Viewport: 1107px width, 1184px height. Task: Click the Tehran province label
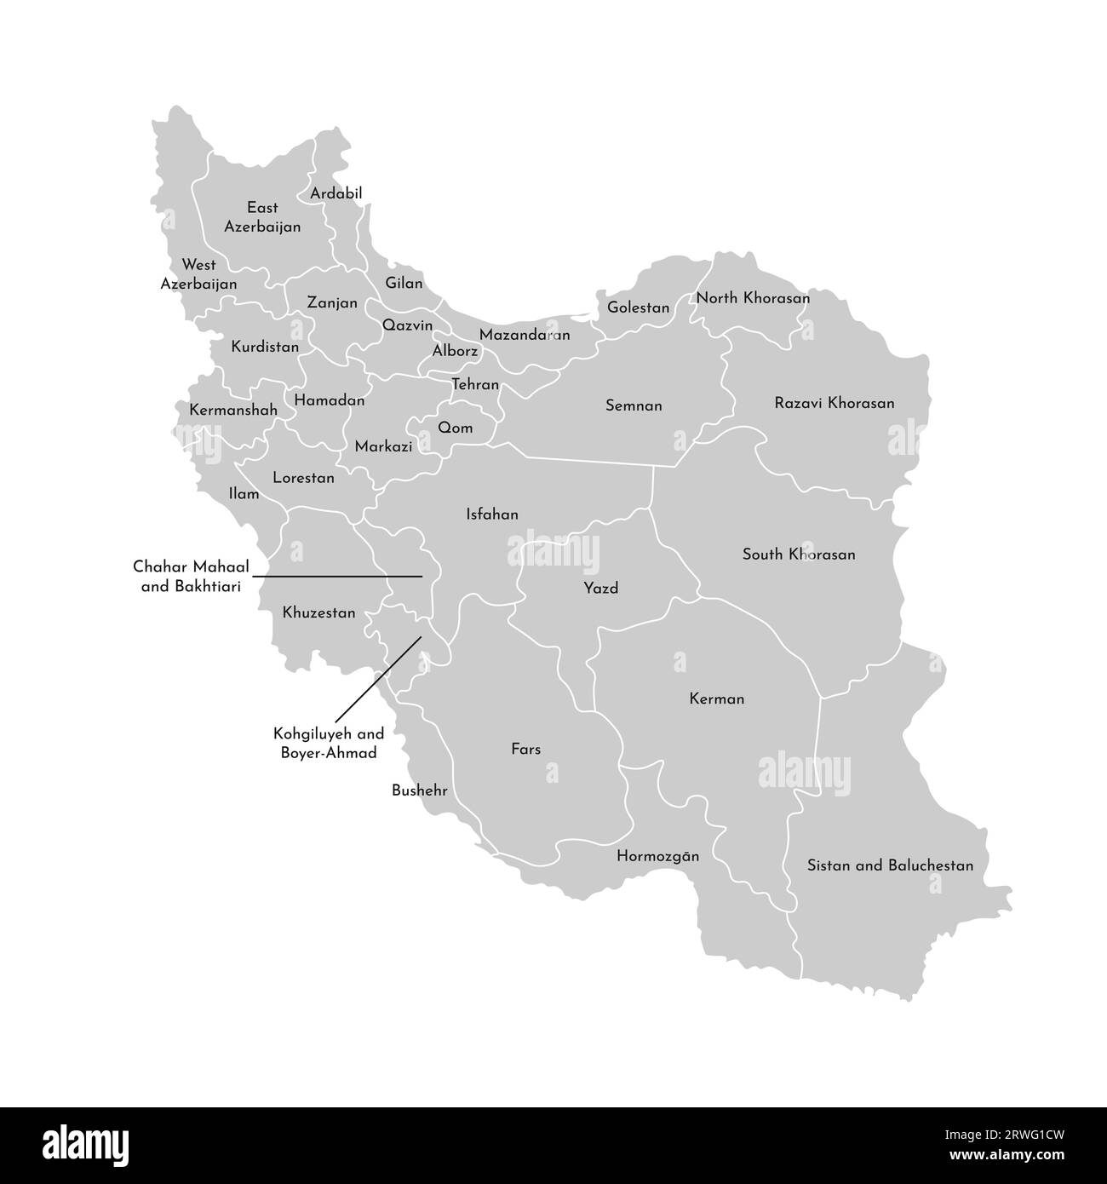pos(475,385)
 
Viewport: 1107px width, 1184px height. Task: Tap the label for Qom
pos(455,428)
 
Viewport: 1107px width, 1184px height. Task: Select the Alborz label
pos(455,351)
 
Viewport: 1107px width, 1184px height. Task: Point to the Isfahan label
pos(492,514)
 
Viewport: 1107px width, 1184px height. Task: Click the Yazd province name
pos(600,589)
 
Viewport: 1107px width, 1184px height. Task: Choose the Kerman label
pos(716,699)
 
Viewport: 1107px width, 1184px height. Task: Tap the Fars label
pos(525,750)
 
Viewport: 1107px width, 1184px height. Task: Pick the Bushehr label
pos(419,790)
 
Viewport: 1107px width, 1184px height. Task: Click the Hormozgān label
pos(657,856)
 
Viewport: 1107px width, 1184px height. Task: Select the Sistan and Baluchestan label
pos(890,865)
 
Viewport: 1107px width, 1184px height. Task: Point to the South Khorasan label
pos(799,555)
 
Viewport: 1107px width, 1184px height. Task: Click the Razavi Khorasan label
pos(835,403)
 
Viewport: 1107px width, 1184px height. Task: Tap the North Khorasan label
pos(753,298)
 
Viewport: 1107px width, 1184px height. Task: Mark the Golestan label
pos(638,308)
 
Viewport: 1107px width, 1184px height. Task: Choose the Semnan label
pos(634,406)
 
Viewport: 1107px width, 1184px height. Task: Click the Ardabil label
pos(336,194)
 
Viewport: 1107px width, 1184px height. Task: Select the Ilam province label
pos(244,493)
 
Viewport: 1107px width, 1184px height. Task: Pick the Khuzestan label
pos(318,612)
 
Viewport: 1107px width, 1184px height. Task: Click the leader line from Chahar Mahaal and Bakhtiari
pos(341,577)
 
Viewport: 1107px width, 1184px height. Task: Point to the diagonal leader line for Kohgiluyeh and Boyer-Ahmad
pos(379,677)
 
